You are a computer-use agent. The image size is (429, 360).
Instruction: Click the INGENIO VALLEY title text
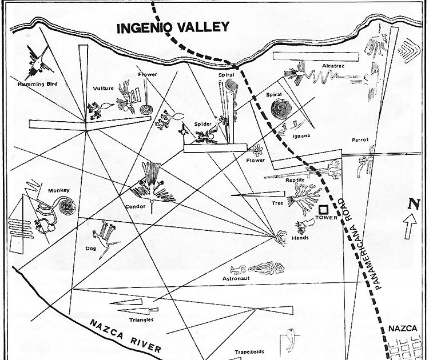pyautogui.click(x=172, y=27)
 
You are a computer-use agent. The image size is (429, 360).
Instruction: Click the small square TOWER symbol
pyautogui.click(x=323, y=210)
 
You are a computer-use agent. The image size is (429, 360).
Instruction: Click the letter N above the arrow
pyautogui.click(x=415, y=203)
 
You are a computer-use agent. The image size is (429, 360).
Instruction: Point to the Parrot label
pyautogui.click(x=360, y=139)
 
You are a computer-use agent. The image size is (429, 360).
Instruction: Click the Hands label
pyautogui.click(x=300, y=238)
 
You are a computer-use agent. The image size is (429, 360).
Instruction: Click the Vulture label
pyautogui.click(x=103, y=89)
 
